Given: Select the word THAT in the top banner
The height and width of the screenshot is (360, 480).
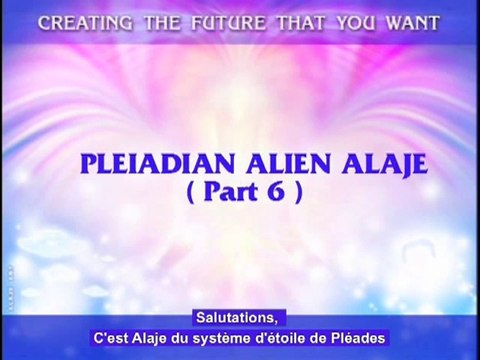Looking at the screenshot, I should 296,23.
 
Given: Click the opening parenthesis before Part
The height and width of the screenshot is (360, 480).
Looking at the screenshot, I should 204,194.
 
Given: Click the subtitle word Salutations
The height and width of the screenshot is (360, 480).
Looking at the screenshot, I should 239,317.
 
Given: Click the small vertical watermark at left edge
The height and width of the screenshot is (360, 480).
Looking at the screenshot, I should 6,281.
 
